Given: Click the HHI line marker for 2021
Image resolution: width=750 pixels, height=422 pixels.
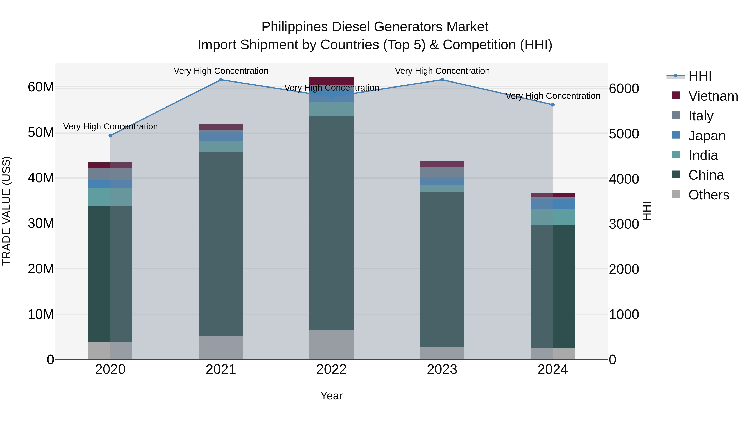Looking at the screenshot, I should point(221,80).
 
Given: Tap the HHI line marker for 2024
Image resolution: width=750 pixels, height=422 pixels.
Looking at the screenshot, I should point(552,105).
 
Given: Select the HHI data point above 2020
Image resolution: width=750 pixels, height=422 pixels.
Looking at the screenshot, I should point(110,136).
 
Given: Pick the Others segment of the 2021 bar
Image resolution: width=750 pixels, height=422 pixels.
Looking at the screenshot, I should point(221,348).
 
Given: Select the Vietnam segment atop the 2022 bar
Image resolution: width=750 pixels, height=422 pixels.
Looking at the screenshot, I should point(331,81).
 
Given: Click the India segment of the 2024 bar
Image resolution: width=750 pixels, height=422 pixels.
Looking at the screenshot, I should point(552,217).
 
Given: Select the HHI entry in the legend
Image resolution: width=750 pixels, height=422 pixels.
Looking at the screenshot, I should point(700,76).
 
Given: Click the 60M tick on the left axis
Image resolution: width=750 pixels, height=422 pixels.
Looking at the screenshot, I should point(41,87).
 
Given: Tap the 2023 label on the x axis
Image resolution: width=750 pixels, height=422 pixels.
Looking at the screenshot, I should point(442,369).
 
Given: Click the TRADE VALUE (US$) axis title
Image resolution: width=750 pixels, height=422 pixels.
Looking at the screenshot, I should point(6,211).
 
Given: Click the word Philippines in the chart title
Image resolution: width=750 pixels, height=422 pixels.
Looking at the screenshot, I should point(295,27).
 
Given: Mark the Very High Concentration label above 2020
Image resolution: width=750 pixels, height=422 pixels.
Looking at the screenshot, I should point(110,127).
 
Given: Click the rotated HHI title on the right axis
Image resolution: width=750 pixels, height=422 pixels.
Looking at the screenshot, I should point(647,211).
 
